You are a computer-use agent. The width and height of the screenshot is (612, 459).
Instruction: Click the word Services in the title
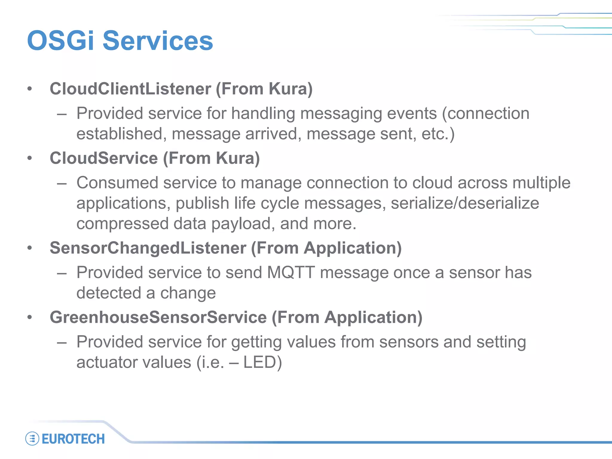[x=158, y=41]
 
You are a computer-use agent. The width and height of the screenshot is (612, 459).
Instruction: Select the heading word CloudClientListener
[x=130, y=89]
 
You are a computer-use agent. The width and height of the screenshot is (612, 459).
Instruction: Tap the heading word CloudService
[x=103, y=158]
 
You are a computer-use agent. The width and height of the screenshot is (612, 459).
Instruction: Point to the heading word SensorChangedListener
[x=148, y=248]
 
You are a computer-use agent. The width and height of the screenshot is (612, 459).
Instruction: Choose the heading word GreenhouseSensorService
[x=158, y=317]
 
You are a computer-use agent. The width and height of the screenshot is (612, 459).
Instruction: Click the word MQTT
[x=291, y=273]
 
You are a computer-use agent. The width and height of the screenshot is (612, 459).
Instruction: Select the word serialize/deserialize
[x=465, y=204]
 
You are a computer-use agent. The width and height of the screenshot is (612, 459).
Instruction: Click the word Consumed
[x=117, y=183]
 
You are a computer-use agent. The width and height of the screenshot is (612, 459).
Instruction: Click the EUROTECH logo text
[x=73, y=439]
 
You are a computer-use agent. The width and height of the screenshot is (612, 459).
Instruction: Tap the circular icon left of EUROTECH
[x=32, y=439]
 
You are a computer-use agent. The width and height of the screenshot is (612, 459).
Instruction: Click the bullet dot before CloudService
[x=29, y=158]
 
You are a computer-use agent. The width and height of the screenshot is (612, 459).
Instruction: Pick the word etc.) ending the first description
[x=438, y=134]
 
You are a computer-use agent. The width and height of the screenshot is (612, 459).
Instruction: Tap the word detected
[x=109, y=293]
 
